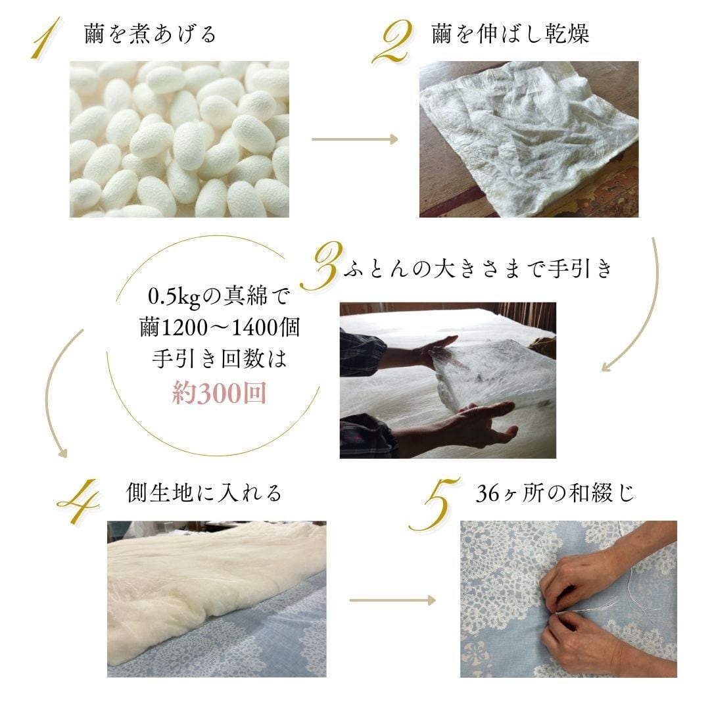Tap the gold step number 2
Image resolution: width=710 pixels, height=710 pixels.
coord(392,41)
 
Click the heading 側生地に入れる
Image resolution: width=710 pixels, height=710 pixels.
coord(204,492)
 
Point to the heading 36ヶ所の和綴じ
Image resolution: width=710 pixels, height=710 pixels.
coord(556,493)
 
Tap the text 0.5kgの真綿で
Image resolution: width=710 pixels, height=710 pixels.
coord(218,297)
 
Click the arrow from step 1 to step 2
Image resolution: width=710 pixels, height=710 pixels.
coord(355,139)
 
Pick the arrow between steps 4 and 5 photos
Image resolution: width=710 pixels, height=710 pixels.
coord(392,600)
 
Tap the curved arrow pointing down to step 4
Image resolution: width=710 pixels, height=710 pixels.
coord(54,394)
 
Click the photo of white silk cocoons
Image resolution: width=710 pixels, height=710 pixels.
coord(179,139)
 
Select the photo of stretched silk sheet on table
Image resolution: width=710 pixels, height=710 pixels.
coord(529,139)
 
